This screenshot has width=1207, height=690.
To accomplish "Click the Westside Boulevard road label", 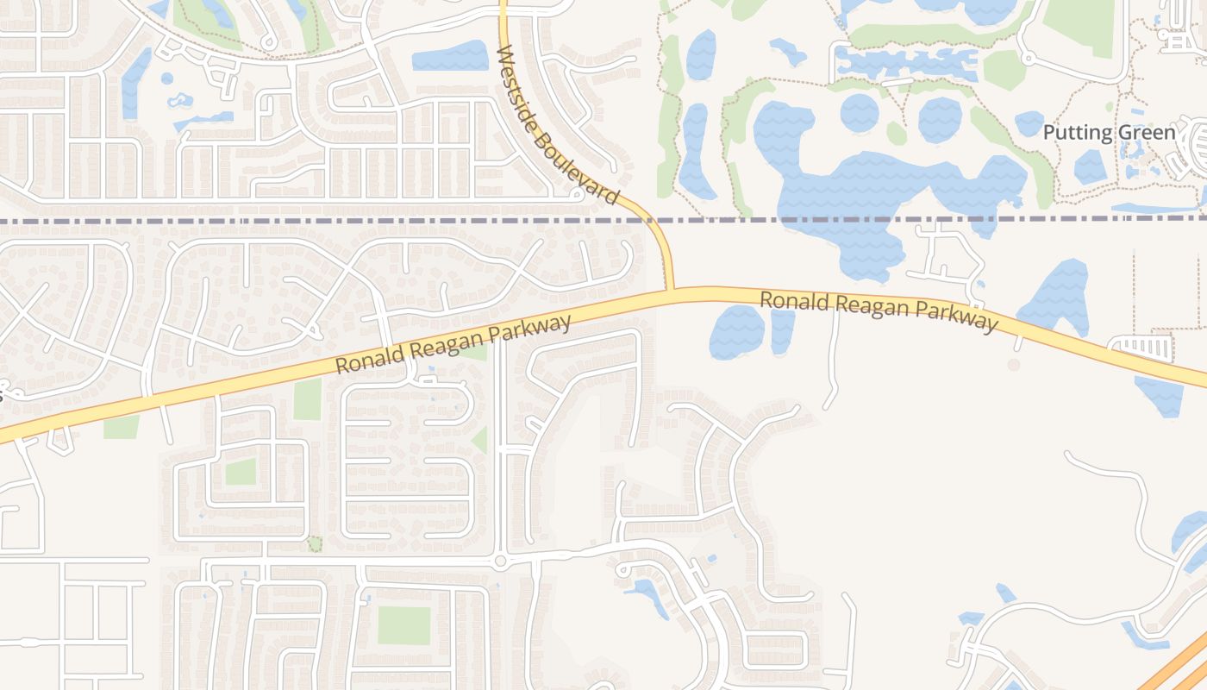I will pos(558,125).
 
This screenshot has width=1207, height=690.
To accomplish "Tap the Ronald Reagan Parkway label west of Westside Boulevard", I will pos(453,343).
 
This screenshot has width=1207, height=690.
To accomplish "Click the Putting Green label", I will pos(1109,133).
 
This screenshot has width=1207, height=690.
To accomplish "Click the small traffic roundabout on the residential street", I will pos(500,561).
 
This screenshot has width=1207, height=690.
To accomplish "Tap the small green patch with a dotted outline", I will pos(315,543).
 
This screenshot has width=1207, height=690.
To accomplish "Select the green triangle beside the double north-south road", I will pos(479,440).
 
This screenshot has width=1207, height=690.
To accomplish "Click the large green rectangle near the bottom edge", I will pos(403,625).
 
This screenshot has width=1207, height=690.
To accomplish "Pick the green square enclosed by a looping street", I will pos(241,472).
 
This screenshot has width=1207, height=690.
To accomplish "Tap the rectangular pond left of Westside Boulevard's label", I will pos(449,56).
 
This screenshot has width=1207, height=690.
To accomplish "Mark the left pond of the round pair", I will pos(860,113).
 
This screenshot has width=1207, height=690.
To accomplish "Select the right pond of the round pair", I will pos(939,120).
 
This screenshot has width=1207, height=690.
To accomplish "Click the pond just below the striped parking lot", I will pos(1160,395).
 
